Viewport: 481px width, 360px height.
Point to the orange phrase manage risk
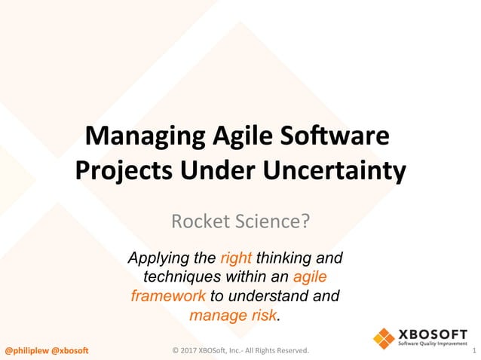coord(234,313)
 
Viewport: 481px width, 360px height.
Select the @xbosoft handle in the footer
coord(69,350)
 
